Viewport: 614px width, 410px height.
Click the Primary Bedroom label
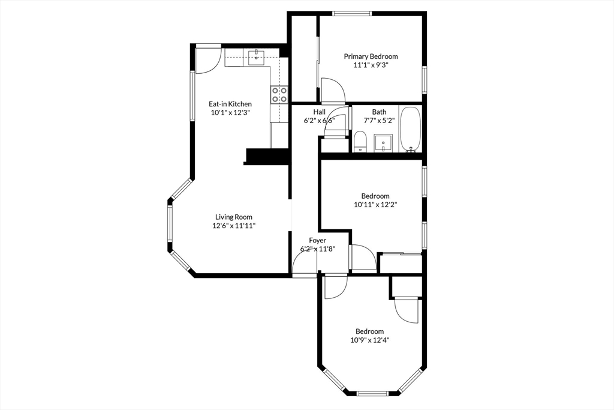tap(371, 56)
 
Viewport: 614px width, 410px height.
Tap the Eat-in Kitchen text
tap(230, 104)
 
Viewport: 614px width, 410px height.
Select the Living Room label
tap(234, 217)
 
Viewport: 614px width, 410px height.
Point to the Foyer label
tap(318, 240)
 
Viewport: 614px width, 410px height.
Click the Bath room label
tap(379, 112)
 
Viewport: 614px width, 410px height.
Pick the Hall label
tap(319, 112)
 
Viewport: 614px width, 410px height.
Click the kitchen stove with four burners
tap(279, 94)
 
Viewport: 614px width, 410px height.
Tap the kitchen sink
tap(257, 57)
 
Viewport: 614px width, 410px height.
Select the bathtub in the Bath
tap(411, 129)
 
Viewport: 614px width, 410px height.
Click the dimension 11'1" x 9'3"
tap(371, 65)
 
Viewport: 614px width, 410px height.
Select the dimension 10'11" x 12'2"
tap(376, 204)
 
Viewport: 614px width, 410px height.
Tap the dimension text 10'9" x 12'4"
tap(370, 340)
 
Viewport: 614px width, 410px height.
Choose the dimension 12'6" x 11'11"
tap(234, 226)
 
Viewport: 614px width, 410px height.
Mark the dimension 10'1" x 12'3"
tap(230, 112)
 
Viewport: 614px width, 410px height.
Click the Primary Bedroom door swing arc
tap(333, 89)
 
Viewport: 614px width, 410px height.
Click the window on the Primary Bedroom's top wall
tap(353, 14)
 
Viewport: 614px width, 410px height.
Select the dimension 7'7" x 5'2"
tap(379, 120)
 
